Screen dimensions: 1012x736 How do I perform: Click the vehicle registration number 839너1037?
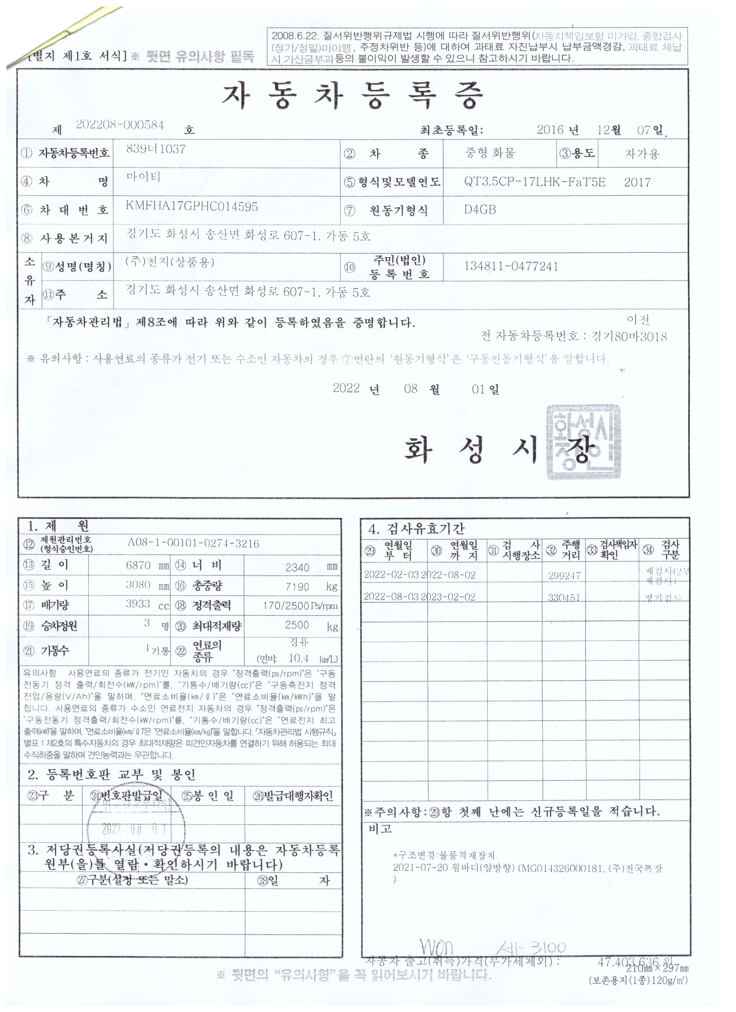click(156, 149)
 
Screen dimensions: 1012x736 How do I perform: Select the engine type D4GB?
click(480, 210)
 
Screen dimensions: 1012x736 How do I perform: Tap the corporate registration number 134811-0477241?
click(511, 266)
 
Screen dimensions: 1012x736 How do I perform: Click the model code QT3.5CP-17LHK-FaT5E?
click(535, 182)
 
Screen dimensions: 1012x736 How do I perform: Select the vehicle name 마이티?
click(143, 177)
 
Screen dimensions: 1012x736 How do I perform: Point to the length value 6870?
click(138, 566)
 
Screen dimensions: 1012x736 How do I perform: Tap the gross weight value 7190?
click(297, 587)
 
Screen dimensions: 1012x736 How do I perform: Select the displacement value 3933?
click(138, 604)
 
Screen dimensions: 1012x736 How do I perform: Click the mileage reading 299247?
click(564, 576)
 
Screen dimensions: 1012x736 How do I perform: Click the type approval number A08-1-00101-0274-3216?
click(193, 543)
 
